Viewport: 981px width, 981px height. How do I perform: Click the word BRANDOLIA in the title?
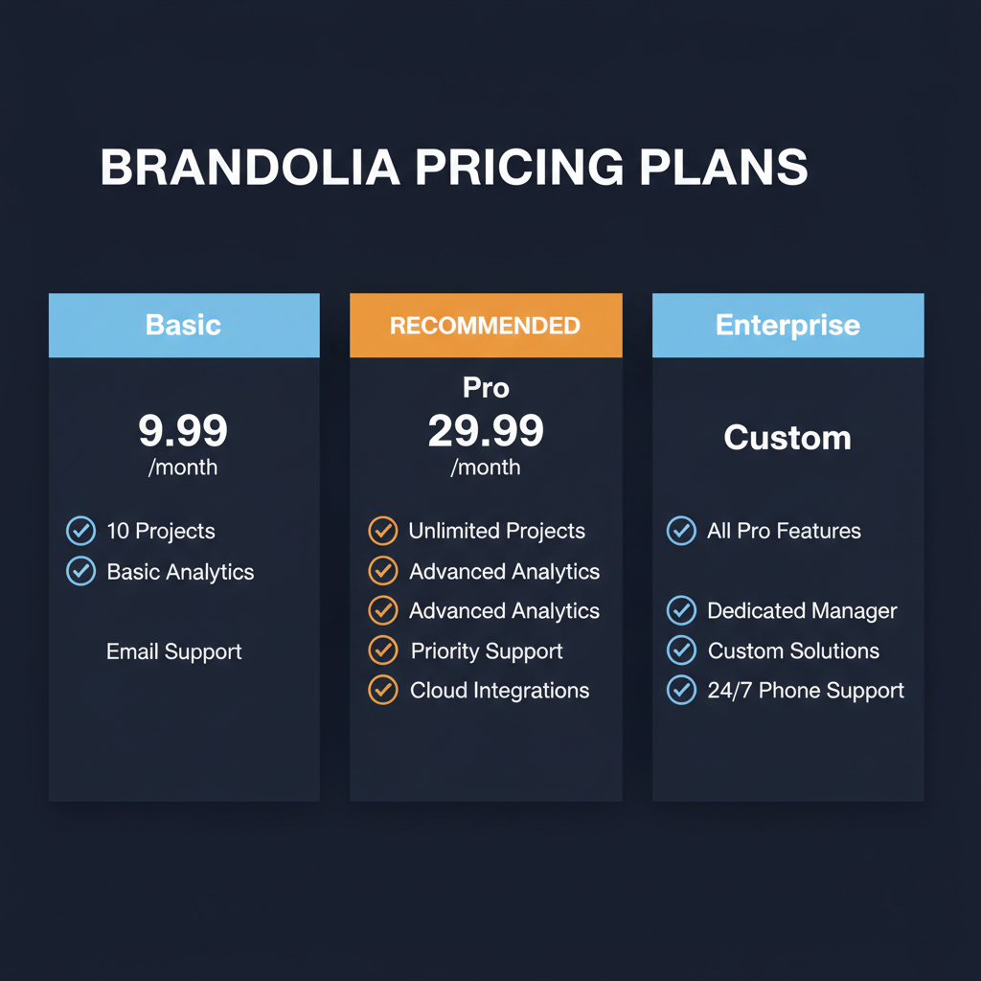coord(249,167)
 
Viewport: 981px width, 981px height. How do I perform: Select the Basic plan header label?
coord(183,325)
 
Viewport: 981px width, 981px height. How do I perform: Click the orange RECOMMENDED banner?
coord(485,326)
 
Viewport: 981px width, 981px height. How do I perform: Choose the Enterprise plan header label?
coord(787,325)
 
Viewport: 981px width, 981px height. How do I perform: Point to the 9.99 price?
coord(183,431)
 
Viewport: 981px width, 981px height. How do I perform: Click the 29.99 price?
coord(486,431)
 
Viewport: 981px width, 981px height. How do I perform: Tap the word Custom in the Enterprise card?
coord(787,438)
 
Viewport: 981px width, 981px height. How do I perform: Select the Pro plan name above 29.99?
coord(486,388)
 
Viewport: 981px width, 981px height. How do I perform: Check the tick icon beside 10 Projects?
coord(80,531)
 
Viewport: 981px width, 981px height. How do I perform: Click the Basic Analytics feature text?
coord(180,572)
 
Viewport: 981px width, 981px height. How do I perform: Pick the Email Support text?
coord(173,652)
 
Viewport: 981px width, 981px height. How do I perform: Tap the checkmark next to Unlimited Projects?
coord(383,531)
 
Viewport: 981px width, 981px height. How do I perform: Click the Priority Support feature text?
coord(487,651)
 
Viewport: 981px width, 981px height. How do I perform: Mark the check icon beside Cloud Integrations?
coord(383,690)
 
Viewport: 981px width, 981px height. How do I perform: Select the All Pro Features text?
coord(784,531)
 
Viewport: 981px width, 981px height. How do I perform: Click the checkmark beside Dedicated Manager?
coord(681,610)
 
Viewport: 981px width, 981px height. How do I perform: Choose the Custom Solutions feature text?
coord(793,651)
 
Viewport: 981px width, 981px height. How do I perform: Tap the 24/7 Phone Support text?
coord(806,691)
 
